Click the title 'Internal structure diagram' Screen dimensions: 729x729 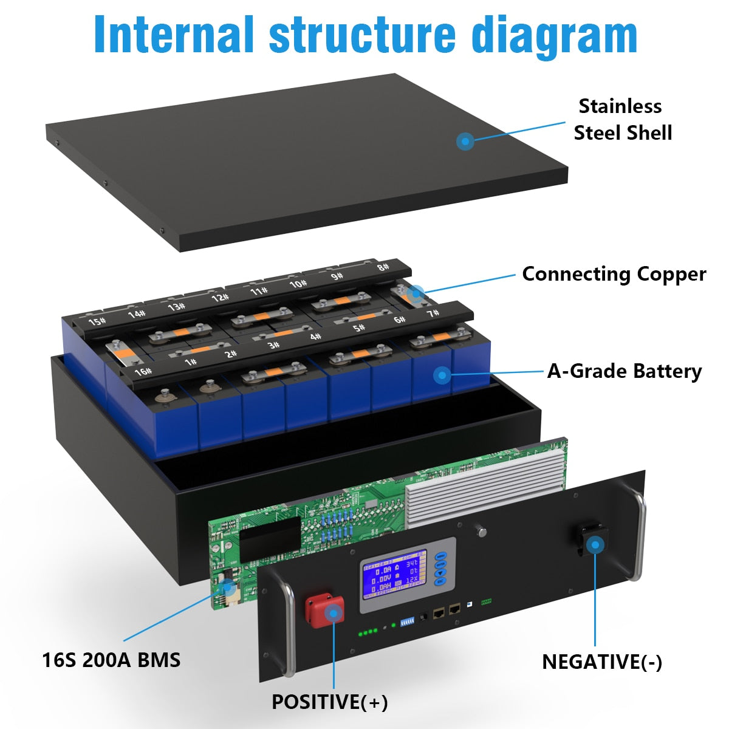click(365, 35)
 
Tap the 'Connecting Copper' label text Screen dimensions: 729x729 click(614, 274)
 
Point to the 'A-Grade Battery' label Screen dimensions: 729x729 click(625, 371)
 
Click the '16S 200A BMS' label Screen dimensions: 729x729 click(111, 660)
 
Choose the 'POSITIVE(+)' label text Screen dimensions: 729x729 click(329, 702)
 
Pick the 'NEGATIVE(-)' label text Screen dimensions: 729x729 click(602, 662)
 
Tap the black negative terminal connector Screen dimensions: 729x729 click(594, 541)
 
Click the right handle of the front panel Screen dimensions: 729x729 click(637, 535)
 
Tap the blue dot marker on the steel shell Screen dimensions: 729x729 click(465, 142)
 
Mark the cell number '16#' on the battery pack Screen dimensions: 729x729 click(143, 371)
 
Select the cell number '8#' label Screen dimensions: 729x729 click(383, 267)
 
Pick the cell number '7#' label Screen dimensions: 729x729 click(433, 313)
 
